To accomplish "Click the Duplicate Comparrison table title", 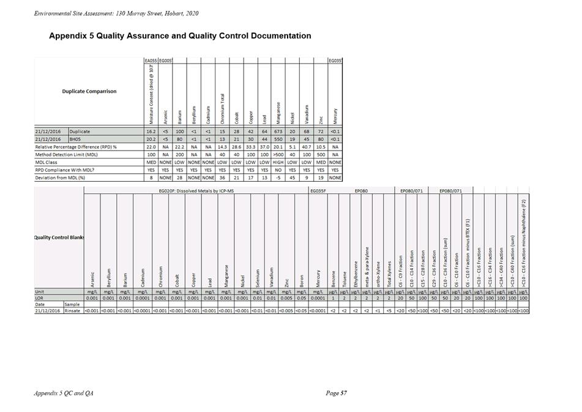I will tap(89, 91).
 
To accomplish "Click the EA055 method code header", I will tap(150, 61).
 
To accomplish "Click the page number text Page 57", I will tap(337, 392).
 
